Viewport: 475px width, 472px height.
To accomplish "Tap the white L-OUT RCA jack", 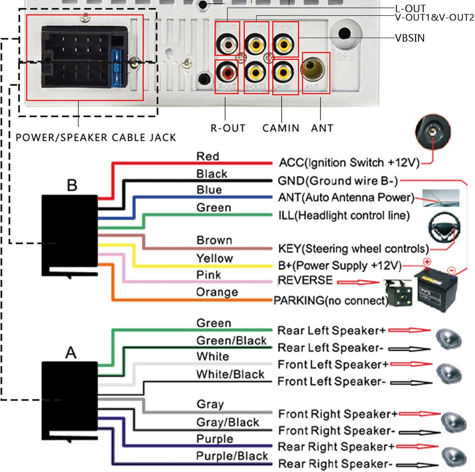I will (227, 45).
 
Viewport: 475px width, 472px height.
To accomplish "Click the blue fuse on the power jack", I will (117, 68).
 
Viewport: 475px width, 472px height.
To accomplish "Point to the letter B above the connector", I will (72, 186).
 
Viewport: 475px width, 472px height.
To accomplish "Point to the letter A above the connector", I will (71, 353).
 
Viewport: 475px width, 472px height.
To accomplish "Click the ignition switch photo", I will (433, 131).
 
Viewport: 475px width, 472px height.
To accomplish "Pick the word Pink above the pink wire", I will (208, 275).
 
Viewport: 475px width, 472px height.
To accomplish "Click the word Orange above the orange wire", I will (217, 292).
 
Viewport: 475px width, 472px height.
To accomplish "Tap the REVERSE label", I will (305, 280).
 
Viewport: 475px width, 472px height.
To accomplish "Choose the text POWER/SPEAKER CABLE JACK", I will (96, 138).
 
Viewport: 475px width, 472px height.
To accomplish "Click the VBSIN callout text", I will (410, 38).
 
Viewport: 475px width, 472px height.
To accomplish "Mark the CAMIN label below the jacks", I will (281, 128).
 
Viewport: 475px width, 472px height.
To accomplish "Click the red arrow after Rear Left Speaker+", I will (409, 330).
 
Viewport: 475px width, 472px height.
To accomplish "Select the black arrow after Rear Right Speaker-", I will (417, 465).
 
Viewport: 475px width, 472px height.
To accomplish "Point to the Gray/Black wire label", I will (228, 422).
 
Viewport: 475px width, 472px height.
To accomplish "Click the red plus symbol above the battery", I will (427, 262).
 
